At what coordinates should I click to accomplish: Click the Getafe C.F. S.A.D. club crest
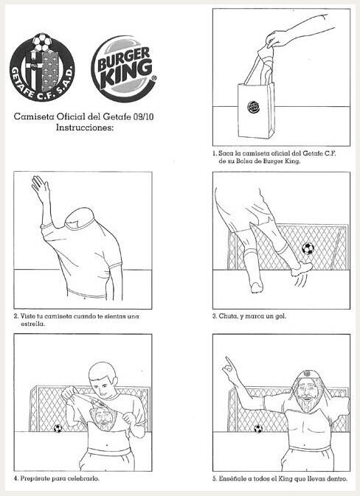42,68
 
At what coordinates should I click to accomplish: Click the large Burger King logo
124,69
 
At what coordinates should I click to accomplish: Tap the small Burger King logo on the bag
253,108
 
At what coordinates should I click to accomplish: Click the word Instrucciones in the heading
85,128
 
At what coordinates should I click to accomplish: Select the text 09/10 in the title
143,116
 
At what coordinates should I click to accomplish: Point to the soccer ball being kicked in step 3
308,248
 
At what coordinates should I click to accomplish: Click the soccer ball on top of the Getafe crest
43,41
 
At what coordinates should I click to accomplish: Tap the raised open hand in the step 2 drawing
41,188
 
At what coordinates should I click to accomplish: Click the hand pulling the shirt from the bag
277,39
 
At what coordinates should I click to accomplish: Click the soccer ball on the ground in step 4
58,428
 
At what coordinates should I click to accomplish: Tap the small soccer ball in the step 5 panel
258,429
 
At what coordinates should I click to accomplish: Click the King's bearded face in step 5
306,394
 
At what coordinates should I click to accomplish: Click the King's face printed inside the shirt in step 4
103,418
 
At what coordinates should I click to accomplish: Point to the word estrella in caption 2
33,324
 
